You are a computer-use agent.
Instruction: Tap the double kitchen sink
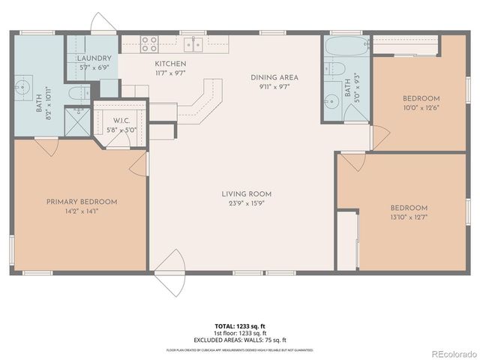pos(193,44)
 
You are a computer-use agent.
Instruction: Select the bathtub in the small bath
pos(345,46)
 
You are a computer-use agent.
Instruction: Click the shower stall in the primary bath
pos(76,121)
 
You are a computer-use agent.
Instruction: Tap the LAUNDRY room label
pos(94,58)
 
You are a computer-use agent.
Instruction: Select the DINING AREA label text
pos(274,77)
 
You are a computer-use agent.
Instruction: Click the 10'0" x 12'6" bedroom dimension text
pos(421,107)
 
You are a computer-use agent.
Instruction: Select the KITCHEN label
pos(170,64)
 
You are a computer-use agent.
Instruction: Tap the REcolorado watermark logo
pos(452,352)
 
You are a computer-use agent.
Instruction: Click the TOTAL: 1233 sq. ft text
pos(239,325)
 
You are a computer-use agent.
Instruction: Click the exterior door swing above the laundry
pos(101,24)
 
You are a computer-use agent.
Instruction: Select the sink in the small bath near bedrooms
pos(331,99)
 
